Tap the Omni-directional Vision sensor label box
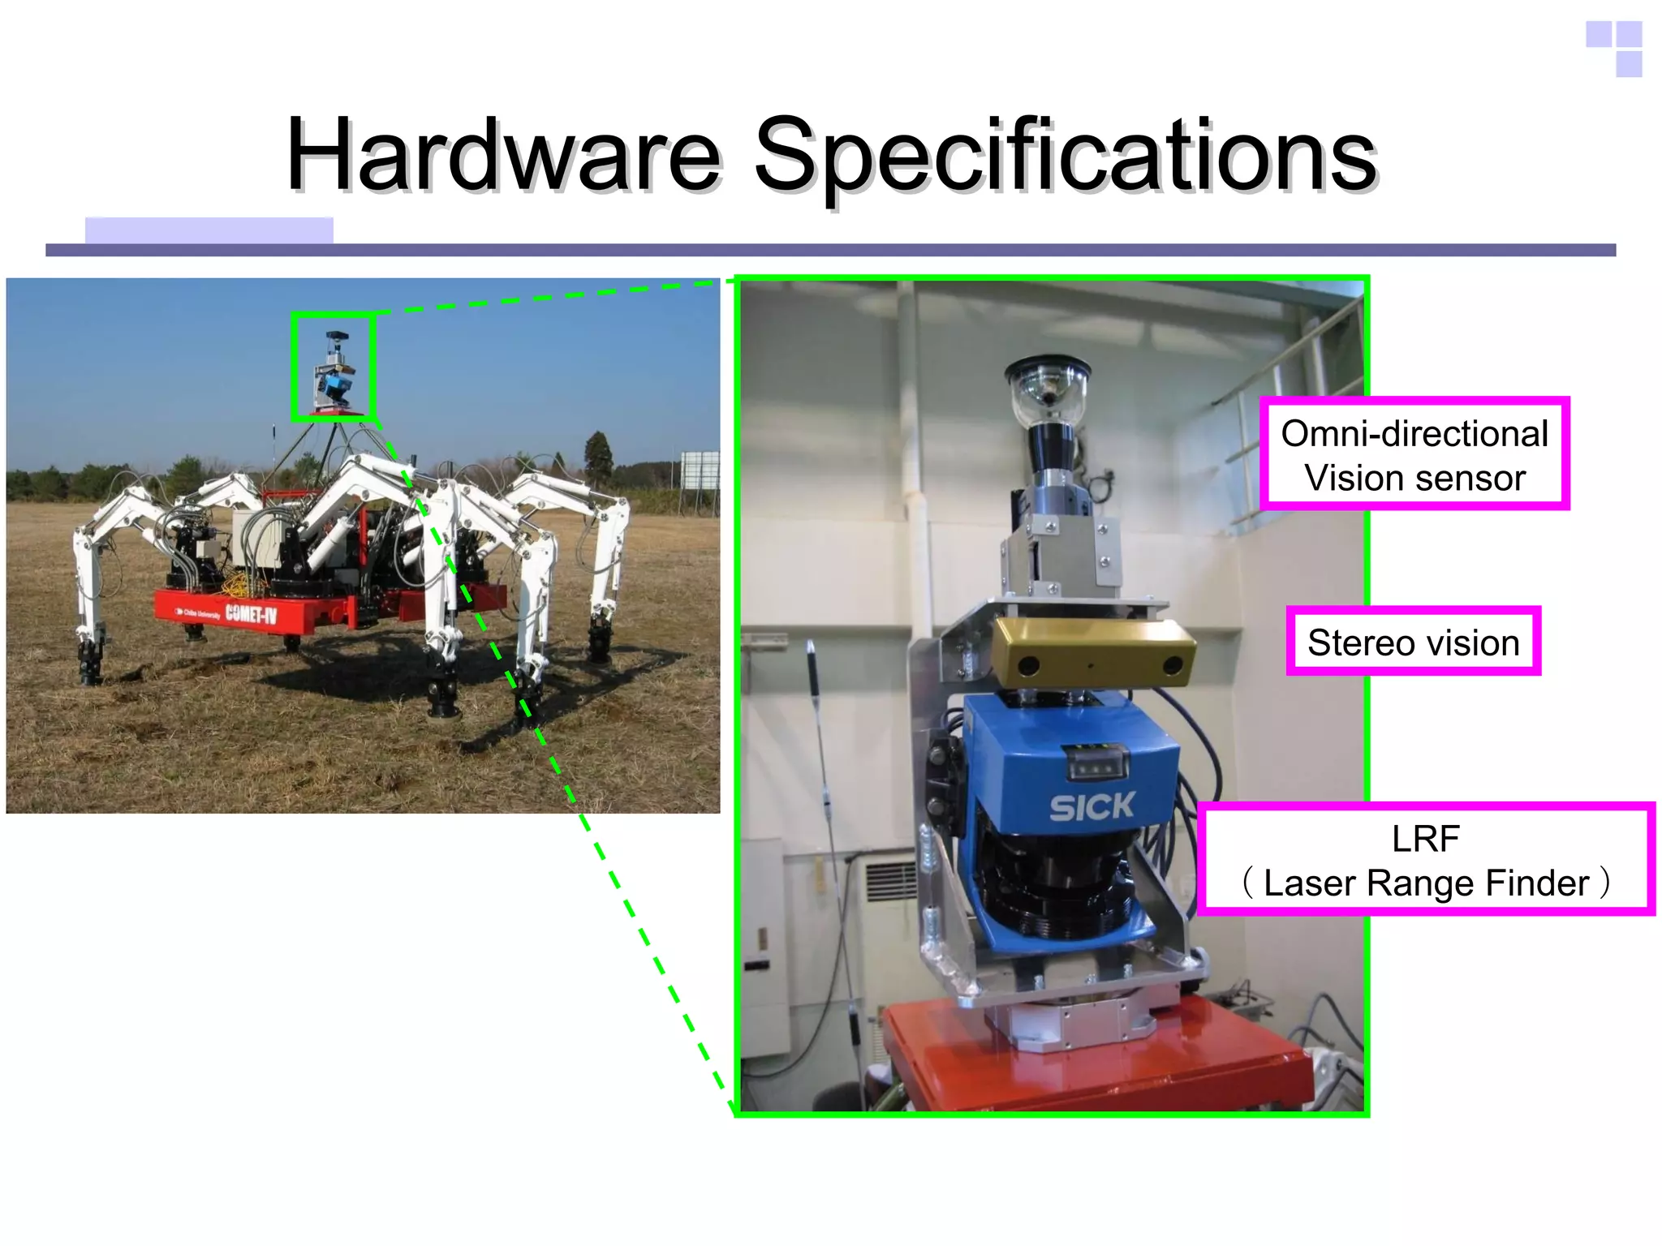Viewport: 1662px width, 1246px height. tap(1414, 454)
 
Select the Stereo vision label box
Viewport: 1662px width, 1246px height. tap(1413, 642)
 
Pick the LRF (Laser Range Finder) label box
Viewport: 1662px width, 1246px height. tap(1425, 860)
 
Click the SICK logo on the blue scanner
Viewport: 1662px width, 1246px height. tap(1091, 806)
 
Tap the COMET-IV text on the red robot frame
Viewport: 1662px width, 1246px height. tap(251, 613)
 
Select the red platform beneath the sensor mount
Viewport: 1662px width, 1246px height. tap(1096, 1055)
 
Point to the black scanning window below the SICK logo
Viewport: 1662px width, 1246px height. tap(1055, 884)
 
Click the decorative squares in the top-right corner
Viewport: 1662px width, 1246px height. tap(1614, 49)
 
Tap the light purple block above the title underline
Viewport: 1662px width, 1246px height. tap(209, 230)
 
